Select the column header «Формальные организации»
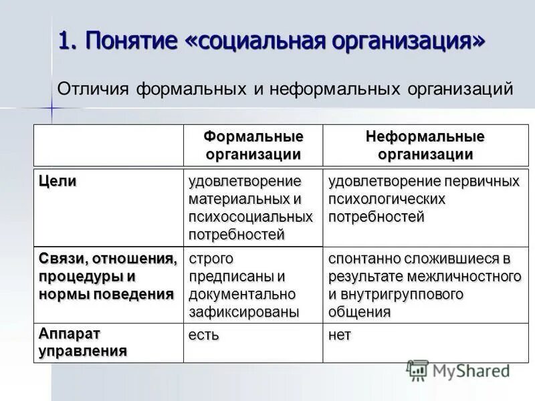(253, 146)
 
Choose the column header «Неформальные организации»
(425, 146)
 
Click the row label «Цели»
(58, 181)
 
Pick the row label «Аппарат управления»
(82, 342)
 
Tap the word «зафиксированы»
(243, 312)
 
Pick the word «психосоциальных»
(250, 217)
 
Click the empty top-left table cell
(109, 146)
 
